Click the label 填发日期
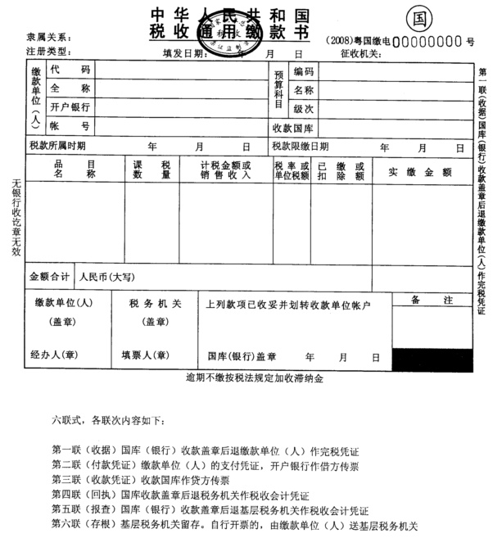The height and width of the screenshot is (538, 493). pos(183,53)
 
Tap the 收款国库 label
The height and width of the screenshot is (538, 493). pos(293,128)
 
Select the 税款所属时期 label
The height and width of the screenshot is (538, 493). pos(57,147)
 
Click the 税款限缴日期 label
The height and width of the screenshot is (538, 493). pos(301,147)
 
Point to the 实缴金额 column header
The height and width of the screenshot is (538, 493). pos(420,172)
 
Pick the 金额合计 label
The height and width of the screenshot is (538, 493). pos(50,277)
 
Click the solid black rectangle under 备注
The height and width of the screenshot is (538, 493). pos(432,359)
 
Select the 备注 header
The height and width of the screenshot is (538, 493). pos(432,301)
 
